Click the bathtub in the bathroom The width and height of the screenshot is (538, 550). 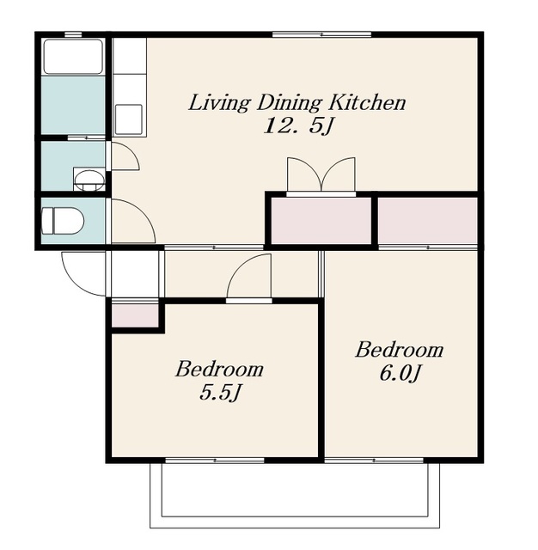[x=72, y=57]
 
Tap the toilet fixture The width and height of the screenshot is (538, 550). [x=63, y=221]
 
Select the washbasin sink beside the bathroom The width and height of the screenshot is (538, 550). [x=89, y=180]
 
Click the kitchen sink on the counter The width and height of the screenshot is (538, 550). [x=129, y=119]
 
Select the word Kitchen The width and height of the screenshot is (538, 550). [x=367, y=102]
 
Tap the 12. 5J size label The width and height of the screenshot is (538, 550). [x=297, y=125]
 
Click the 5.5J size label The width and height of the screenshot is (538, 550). [x=220, y=392]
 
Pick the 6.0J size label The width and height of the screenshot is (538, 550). [x=400, y=373]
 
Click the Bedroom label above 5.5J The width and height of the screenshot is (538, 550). [x=219, y=369]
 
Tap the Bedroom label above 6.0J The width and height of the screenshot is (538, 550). [x=400, y=350]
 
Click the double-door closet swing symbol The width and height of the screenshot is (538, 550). [x=321, y=174]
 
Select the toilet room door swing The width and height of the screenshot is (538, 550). [x=133, y=221]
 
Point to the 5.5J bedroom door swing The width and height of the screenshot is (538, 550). [x=249, y=276]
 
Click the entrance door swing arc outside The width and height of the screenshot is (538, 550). [x=83, y=274]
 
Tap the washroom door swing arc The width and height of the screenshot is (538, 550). [x=125, y=156]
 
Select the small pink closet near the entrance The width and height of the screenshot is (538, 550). [x=135, y=315]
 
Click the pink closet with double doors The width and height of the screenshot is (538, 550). [x=321, y=220]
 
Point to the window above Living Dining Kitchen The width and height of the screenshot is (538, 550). [x=322, y=34]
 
